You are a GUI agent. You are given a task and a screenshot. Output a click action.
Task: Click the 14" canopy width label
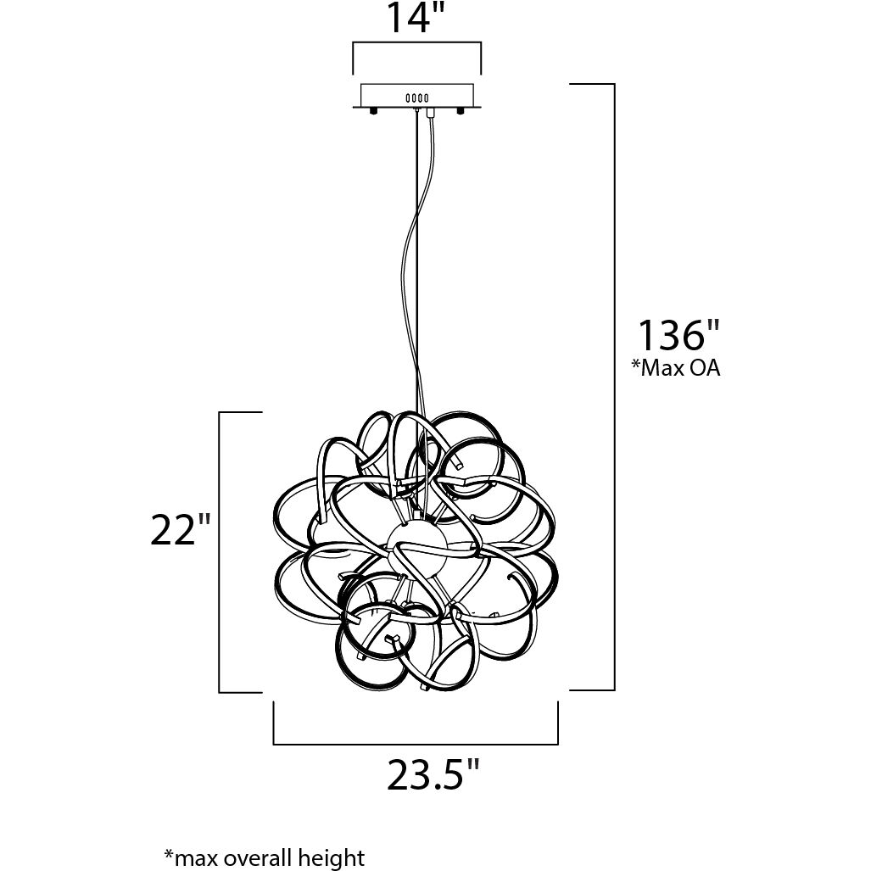[x=416, y=19]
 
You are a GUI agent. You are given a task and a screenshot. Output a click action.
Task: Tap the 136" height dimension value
[x=672, y=336]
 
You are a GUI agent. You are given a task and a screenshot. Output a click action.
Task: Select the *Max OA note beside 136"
[x=675, y=369]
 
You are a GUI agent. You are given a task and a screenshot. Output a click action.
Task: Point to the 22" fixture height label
[x=180, y=532]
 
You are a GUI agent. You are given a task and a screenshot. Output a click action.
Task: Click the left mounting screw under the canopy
[x=373, y=111]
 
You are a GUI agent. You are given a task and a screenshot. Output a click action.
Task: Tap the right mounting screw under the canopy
[x=461, y=111]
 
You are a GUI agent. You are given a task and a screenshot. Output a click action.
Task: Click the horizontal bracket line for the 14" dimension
[x=416, y=43]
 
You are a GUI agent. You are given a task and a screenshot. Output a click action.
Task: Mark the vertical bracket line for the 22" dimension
[x=220, y=551]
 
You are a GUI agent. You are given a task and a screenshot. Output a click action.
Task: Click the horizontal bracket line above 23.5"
[x=416, y=744]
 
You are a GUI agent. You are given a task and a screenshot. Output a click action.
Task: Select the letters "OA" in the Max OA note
[x=705, y=369]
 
